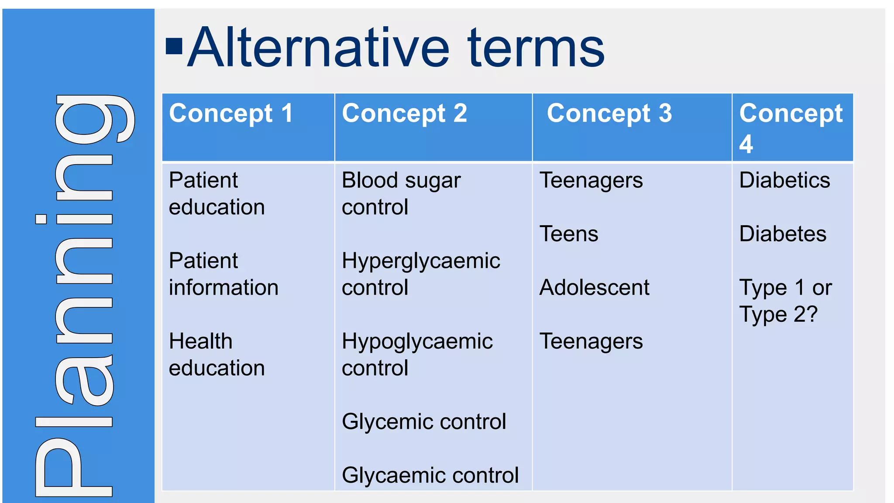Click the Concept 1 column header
tap(231, 114)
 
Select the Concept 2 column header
tap(404, 114)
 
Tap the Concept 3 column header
tap(609, 114)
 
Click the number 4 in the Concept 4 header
tap(746, 144)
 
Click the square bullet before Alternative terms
tap(174, 47)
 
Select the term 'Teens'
tap(569, 234)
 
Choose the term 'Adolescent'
tap(594, 288)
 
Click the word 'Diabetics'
tap(784, 180)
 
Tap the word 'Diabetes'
tap(783, 234)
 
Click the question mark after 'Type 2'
tap(812, 314)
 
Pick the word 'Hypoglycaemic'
tap(417, 342)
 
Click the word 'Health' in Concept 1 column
tap(200, 341)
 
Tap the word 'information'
tap(223, 288)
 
